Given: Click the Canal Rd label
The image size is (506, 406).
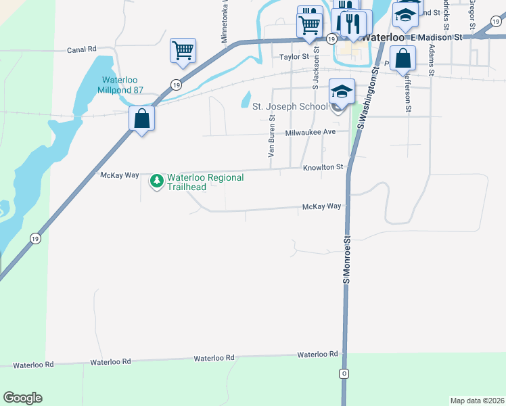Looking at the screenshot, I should [x=82, y=49].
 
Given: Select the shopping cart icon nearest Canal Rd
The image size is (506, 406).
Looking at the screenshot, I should [x=183, y=51].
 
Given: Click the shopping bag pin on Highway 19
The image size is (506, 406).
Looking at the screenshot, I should [x=141, y=119].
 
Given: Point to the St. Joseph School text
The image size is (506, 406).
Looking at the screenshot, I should [x=290, y=106].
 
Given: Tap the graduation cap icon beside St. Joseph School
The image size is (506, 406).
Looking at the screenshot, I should [x=342, y=91].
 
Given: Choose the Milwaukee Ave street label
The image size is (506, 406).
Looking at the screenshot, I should [x=310, y=133].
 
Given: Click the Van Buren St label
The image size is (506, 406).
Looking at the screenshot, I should [x=271, y=136].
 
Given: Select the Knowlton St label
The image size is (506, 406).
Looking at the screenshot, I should [x=323, y=167].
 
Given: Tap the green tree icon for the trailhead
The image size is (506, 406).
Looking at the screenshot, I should [x=157, y=181].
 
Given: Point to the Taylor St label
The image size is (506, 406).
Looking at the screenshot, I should [x=294, y=58].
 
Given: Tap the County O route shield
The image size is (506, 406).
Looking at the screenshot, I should [x=344, y=374].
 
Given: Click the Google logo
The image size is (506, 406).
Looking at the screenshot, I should [x=22, y=398].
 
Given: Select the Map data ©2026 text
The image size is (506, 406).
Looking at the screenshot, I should [x=477, y=400].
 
